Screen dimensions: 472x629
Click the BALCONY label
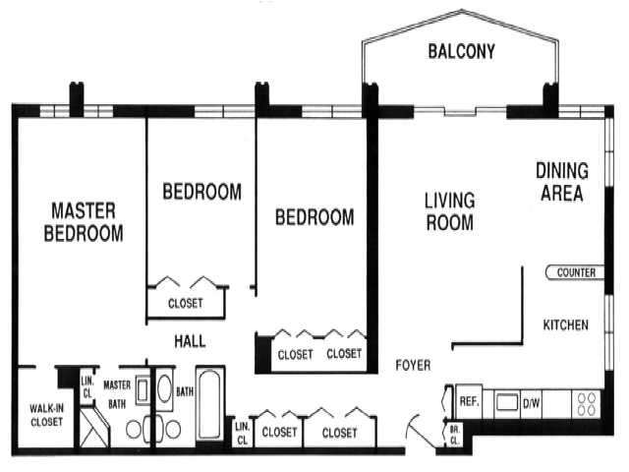click(460, 52)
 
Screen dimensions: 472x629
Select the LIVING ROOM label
click(449, 211)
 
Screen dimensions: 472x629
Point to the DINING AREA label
click(559, 182)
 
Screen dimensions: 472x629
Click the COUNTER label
click(575, 272)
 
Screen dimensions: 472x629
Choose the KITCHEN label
click(566, 324)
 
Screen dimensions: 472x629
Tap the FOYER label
click(413, 366)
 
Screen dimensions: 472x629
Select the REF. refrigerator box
click(469, 401)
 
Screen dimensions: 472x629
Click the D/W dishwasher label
click(531, 401)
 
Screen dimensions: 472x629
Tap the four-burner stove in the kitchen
click(586, 402)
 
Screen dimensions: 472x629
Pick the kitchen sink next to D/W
click(506, 401)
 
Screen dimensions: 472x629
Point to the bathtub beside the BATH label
click(210, 406)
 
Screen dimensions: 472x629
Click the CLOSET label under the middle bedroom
click(186, 304)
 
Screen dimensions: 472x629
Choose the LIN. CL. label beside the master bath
click(86, 386)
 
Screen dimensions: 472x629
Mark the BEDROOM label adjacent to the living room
click(314, 217)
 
